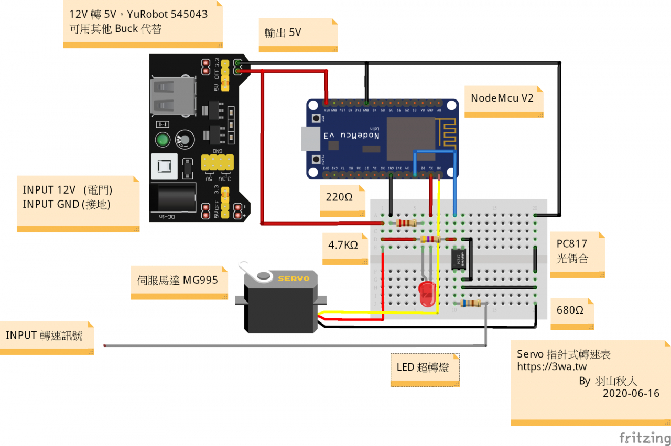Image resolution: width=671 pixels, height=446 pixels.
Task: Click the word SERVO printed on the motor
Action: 294,278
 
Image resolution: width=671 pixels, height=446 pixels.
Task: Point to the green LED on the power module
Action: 163,140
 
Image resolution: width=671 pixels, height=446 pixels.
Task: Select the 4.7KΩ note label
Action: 343,245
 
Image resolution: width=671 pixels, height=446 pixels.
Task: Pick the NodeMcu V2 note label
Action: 502,98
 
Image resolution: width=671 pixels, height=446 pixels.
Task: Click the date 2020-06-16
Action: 631,393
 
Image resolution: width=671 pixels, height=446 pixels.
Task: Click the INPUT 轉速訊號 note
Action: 45,336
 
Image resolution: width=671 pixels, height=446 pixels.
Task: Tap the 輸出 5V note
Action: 284,32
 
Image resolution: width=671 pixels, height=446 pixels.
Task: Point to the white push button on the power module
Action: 163,166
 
